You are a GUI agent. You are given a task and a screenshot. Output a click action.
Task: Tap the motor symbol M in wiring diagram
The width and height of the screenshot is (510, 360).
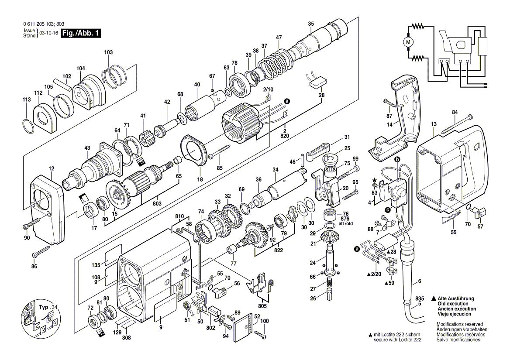click(x=409, y=42)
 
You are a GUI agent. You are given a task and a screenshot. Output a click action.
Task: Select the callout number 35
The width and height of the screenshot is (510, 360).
click(x=310, y=24)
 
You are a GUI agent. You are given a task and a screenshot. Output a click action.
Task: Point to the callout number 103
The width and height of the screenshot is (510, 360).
click(x=108, y=52)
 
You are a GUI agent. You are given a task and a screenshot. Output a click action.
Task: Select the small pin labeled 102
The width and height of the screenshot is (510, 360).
click(x=62, y=83)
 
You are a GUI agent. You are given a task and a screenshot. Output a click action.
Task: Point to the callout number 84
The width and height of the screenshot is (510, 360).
click(x=455, y=112)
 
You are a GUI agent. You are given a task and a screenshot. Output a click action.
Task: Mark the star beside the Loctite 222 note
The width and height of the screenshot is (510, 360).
click(x=371, y=335)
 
